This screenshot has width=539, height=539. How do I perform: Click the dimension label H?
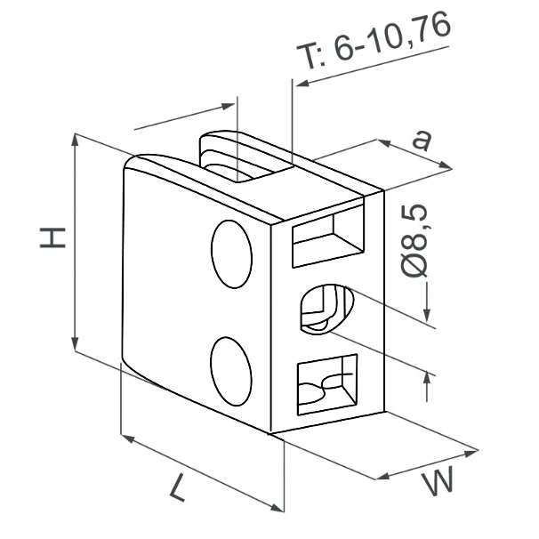[52, 237]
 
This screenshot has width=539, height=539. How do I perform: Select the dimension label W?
[438, 481]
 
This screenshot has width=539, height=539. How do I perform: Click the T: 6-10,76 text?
[374, 41]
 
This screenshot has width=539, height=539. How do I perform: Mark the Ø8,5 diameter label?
[414, 240]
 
